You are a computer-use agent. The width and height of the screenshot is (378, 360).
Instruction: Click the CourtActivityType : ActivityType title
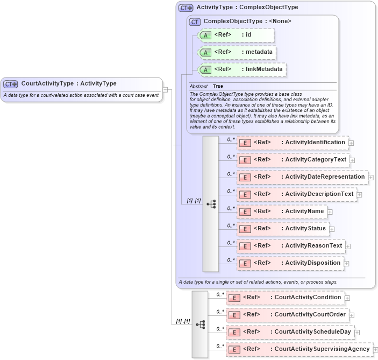coord(68,83)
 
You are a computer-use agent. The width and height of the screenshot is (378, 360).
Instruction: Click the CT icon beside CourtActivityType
coord(11,84)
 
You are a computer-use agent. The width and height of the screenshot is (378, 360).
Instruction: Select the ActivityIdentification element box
coord(293,143)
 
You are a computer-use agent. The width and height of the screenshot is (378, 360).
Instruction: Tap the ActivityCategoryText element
coord(293,160)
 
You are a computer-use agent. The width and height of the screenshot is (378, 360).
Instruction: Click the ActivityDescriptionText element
coord(297,194)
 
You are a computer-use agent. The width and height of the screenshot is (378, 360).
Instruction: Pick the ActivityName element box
coord(282,211)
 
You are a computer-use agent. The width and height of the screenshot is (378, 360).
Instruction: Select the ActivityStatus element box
coord(283,229)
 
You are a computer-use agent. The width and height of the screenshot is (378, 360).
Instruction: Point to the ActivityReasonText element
coord(291,246)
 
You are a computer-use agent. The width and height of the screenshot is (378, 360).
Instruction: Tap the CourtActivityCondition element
coord(285,298)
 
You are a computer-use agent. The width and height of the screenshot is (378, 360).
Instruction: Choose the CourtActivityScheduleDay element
coord(290,332)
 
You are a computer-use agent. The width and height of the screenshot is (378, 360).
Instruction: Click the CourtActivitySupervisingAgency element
coord(299,349)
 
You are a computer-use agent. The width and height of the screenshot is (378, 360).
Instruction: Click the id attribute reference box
coord(237,36)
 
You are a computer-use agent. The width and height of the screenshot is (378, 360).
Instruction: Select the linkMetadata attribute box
coord(242,69)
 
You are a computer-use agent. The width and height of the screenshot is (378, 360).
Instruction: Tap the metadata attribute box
coord(238,53)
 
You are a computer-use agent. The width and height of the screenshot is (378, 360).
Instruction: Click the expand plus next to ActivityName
coord(330,212)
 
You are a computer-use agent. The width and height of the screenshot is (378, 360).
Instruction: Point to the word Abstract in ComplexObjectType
coord(198,86)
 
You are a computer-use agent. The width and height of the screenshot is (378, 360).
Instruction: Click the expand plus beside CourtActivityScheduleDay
coord(357,333)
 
